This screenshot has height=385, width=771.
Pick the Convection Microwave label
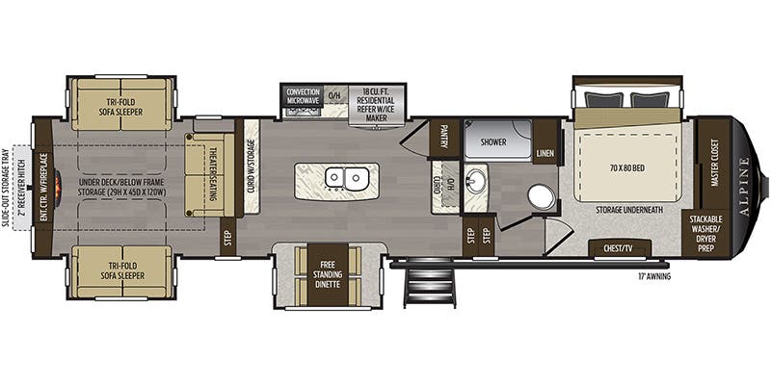303,96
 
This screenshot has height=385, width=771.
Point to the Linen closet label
545,151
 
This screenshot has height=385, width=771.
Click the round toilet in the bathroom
542,196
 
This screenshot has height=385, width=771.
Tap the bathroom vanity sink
476,180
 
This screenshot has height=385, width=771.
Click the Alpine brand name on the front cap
745,183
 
